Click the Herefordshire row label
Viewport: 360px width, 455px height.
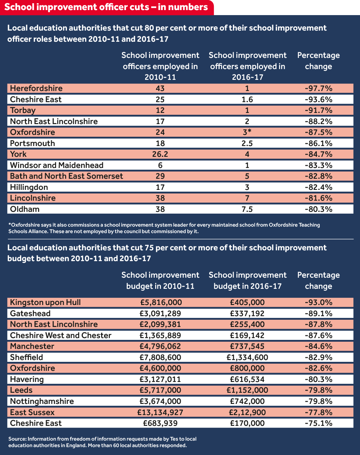pos(36,88)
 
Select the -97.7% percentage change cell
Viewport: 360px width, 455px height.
pos(318,88)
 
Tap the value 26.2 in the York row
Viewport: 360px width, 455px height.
pos(160,154)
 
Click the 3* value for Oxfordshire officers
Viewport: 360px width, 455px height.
pos(247,132)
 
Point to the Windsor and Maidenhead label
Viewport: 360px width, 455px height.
pos(57,165)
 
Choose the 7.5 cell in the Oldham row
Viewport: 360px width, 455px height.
pos(247,209)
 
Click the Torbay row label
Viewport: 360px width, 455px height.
pos(23,110)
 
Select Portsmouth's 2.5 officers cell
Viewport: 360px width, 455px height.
pos(247,144)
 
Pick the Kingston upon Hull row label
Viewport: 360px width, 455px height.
pos(45,302)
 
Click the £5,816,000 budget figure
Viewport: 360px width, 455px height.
pos(160,302)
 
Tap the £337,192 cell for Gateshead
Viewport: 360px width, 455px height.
pos(247,314)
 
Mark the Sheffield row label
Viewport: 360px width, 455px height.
pos(26,358)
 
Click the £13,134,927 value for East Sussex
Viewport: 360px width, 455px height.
pos(160,413)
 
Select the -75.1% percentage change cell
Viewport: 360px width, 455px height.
pos(318,423)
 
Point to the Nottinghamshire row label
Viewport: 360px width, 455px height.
pos(42,401)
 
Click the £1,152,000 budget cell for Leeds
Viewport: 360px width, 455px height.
pos(247,390)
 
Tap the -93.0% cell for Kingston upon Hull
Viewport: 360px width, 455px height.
pos(318,302)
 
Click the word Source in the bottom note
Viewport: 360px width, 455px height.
pos(17,439)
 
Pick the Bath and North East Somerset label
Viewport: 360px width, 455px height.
pos(66,176)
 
